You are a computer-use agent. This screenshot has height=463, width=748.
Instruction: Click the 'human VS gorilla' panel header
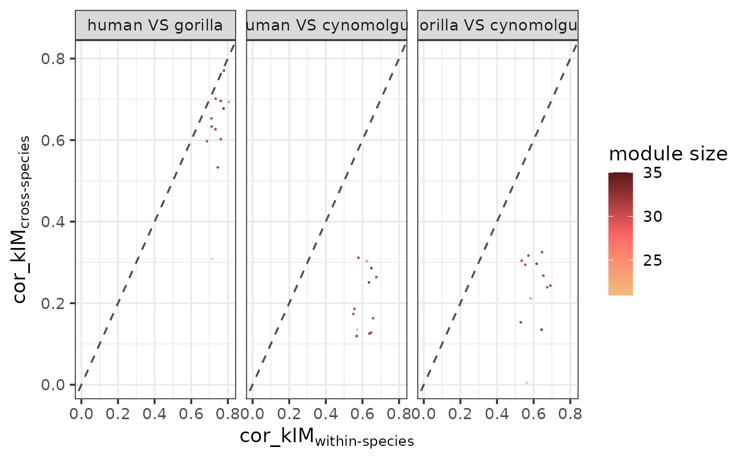pos(155,25)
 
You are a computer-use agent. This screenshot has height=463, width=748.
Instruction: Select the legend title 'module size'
pos(668,154)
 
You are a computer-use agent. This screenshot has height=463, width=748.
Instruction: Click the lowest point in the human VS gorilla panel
pos(212,259)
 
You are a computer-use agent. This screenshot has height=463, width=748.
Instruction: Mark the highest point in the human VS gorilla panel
pos(224,71)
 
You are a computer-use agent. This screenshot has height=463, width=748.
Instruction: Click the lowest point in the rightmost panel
pos(527,383)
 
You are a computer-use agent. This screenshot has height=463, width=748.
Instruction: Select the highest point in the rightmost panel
pos(541,252)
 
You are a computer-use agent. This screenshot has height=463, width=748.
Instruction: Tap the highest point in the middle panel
pos(359,258)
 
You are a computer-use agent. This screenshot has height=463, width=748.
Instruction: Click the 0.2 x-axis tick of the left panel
pos(118,413)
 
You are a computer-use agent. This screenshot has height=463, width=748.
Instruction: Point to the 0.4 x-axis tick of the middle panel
pos(325,413)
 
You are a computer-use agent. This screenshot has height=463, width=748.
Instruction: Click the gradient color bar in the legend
pos(620,234)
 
